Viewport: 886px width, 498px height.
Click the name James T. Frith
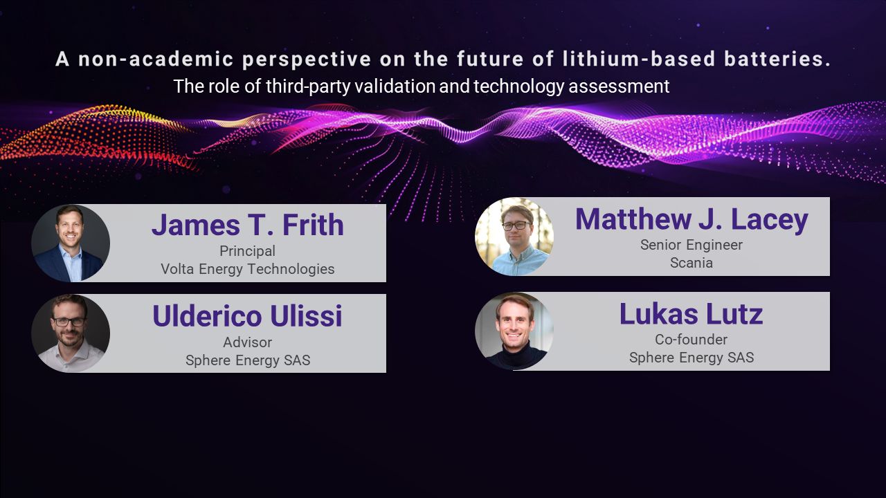(248, 225)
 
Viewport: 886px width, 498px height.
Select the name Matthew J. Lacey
(691, 220)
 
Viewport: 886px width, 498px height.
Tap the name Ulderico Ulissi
(247, 316)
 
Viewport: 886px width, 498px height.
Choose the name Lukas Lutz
(691, 314)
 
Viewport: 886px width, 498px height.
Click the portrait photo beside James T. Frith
(71, 243)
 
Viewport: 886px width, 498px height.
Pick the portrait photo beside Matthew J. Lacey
(514, 237)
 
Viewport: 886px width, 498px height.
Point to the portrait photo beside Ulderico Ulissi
(71, 333)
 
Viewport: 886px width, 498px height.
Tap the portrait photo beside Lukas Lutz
(514, 331)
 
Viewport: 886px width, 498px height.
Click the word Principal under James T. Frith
(248, 251)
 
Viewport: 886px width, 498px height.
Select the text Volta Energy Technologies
(248, 269)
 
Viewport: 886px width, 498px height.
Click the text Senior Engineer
(691, 245)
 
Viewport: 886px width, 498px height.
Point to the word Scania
(691, 263)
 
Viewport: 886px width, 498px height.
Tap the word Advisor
(248, 342)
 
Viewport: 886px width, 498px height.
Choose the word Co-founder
(691, 340)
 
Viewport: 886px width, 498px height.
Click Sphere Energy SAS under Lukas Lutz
(691, 358)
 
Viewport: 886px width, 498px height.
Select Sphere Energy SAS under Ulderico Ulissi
(248, 360)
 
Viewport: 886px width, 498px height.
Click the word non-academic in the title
(156, 59)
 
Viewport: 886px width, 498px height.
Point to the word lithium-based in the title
(639, 59)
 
